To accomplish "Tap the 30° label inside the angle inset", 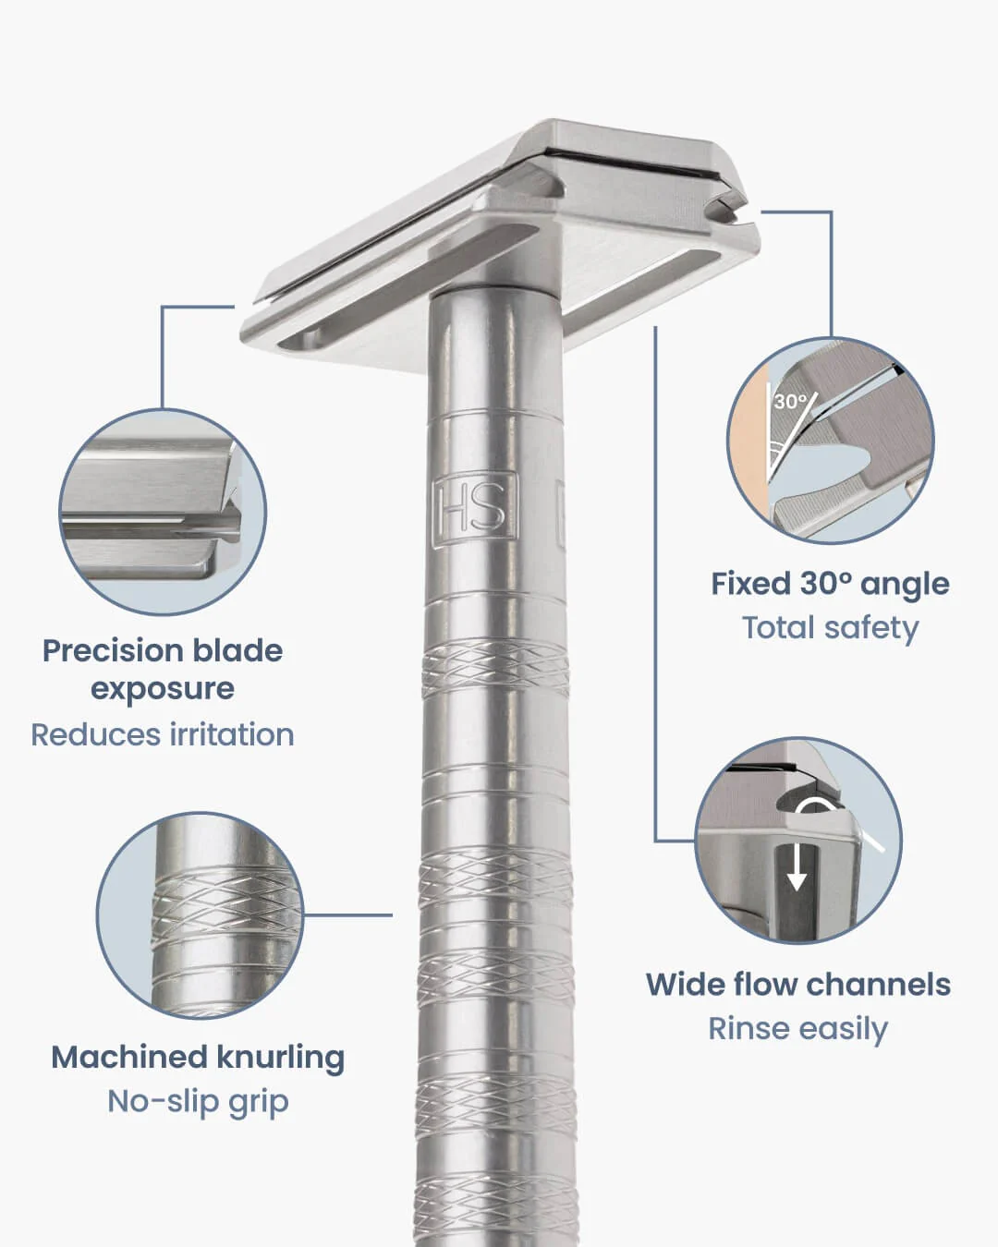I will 791,401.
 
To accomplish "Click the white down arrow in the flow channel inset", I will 797,868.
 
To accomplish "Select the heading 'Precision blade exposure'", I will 163,669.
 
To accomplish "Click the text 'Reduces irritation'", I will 163,734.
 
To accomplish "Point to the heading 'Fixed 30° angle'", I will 830,584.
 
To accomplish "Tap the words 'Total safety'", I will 830,628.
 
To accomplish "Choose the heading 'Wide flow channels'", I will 797,984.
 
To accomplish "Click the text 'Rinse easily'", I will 797,1028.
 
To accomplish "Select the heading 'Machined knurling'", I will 198,1057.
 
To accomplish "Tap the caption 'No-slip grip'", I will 198,1101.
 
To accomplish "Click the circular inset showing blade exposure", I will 163,514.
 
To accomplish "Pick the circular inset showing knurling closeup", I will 200,915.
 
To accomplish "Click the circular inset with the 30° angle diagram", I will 830,441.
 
